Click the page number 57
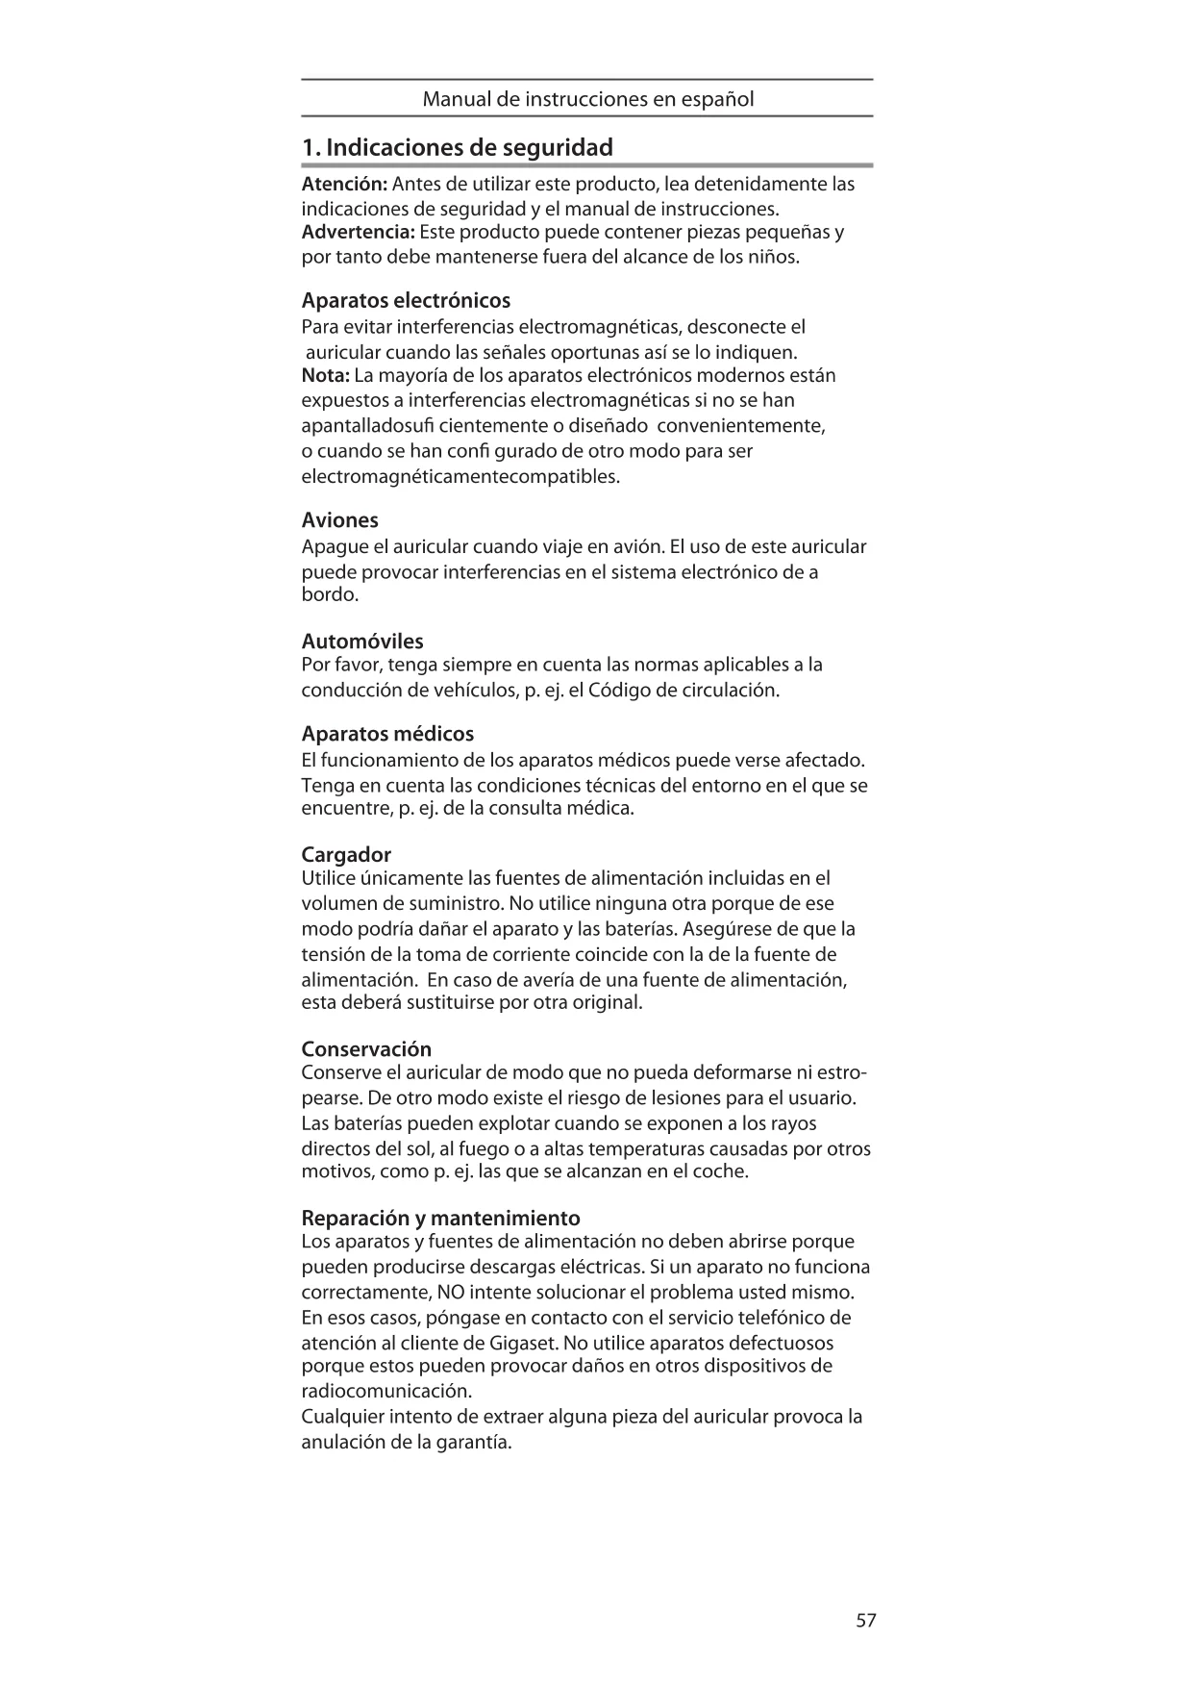[865, 1621]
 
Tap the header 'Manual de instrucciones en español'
[587, 99]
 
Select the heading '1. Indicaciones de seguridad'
[457, 148]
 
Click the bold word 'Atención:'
[344, 184]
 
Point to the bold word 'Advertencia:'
[358, 233]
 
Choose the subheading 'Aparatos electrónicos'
[406, 300]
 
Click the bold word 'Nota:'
[325, 375]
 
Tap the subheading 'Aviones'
[339, 520]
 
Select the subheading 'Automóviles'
[362, 642]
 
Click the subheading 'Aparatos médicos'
[387, 734]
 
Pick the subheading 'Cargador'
[346, 855]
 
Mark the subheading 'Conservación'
[366, 1049]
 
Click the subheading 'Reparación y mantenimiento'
[440, 1219]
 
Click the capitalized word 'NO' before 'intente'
[449, 1292]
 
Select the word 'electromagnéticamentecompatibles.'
[460, 477]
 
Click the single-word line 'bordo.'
[330, 595]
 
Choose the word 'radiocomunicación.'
[386, 1392]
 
